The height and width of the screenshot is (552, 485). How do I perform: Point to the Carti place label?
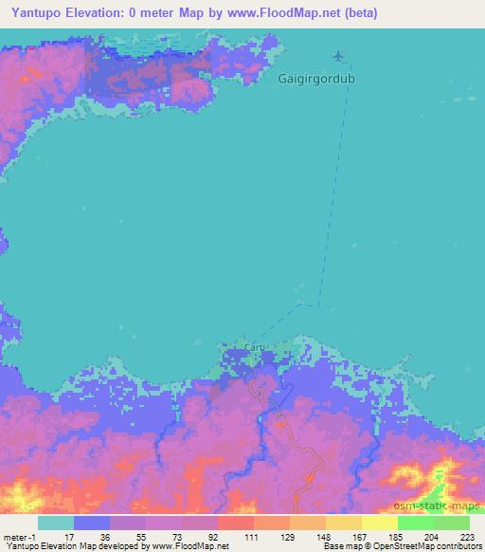coord(255,349)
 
